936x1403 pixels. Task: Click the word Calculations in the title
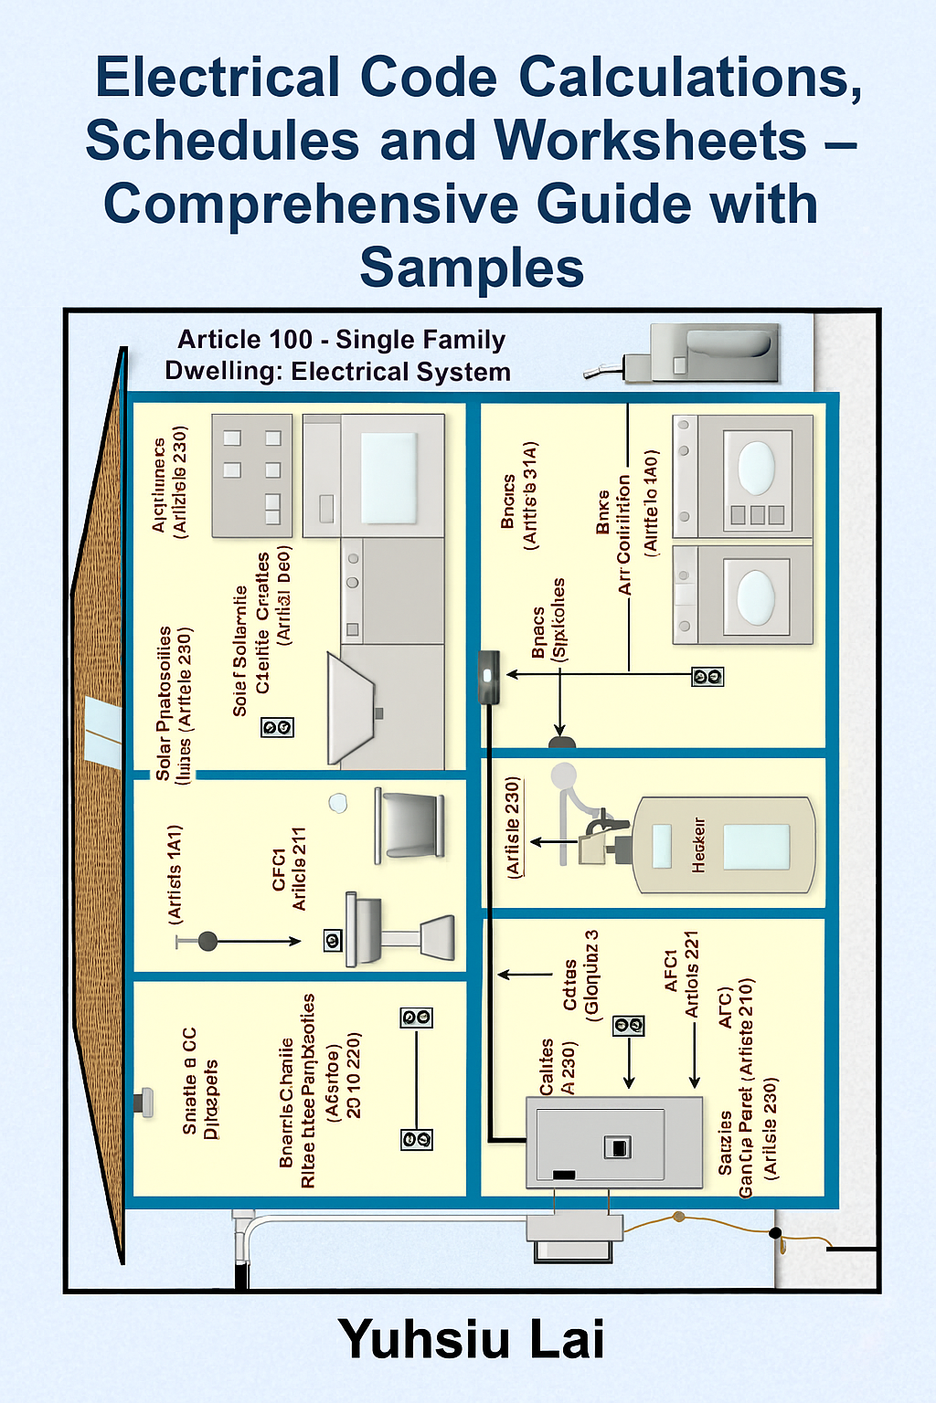(690, 78)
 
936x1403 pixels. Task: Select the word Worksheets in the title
(650, 142)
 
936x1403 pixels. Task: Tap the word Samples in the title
(472, 268)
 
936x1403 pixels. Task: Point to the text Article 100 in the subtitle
(245, 340)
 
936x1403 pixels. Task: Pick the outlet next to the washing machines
(707, 677)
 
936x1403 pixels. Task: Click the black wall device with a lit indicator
(489, 677)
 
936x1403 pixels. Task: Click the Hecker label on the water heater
(699, 845)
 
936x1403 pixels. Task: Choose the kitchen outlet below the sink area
(277, 727)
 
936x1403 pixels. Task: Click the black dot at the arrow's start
(207, 941)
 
